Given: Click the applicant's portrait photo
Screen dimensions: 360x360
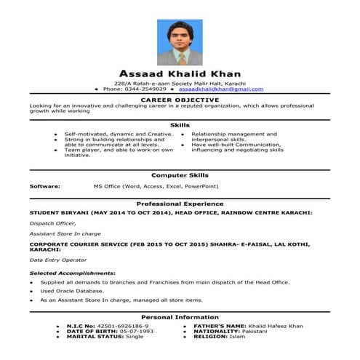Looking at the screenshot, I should tap(180, 41).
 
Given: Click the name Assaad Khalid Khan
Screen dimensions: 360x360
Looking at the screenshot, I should tap(180, 74).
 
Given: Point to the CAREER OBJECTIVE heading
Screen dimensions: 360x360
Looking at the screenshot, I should tap(180, 99).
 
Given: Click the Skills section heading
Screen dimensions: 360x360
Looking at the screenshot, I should tap(180, 125).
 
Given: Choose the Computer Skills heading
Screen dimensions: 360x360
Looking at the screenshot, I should tap(180, 175).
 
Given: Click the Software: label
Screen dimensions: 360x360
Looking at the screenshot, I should tap(44, 186).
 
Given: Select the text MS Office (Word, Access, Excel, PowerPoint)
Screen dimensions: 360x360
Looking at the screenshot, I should tap(156, 186).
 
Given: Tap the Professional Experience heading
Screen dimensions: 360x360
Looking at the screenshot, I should tap(180, 204).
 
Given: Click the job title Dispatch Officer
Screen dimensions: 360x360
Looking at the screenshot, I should tap(52, 223).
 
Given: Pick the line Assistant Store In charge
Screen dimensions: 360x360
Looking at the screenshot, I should tap(65, 234).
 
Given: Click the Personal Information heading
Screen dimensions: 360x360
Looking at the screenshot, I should tap(180, 317).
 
